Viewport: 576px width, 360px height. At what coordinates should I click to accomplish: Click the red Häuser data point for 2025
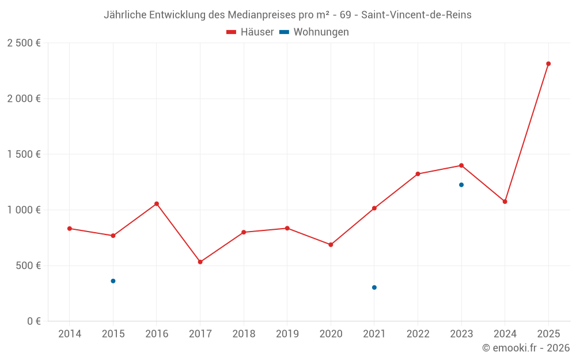[548, 64]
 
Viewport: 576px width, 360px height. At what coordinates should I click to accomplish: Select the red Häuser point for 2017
[200, 262]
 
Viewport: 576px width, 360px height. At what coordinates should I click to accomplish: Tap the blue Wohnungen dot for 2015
[113, 281]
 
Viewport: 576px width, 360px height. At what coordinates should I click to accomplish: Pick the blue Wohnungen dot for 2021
[374, 287]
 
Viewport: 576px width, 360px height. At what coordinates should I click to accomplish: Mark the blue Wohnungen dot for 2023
[461, 185]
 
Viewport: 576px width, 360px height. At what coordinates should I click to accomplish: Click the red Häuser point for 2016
[157, 204]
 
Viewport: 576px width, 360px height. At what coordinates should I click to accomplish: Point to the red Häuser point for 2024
[505, 202]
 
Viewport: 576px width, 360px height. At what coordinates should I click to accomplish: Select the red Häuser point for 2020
[331, 245]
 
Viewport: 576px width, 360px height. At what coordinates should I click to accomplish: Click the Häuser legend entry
[250, 32]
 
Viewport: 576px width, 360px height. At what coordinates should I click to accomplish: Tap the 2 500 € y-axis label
[24, 43]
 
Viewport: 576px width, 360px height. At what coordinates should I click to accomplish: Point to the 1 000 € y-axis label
[24, 210]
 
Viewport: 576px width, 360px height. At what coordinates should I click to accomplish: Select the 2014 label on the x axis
[70, 334]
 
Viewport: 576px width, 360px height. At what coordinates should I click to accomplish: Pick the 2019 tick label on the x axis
[287, 334]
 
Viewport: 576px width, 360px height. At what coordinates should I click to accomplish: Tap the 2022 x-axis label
[418, 334]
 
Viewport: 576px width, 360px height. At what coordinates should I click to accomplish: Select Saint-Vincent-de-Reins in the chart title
[416, 15]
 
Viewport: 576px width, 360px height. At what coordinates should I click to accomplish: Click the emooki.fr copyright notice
[525, 348]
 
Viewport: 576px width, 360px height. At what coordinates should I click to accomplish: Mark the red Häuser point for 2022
[418, 174]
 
